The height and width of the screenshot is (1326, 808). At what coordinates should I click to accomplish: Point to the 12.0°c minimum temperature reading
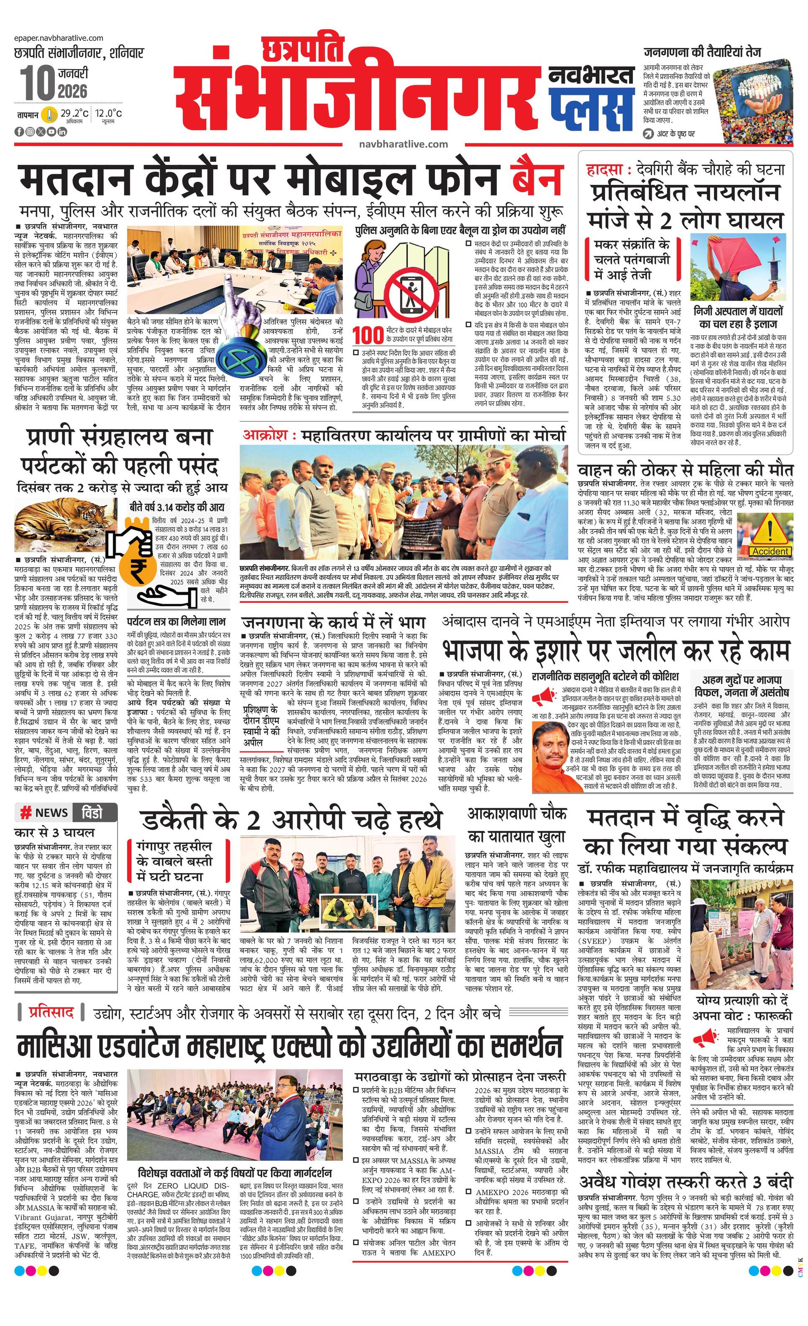point(109,114)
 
